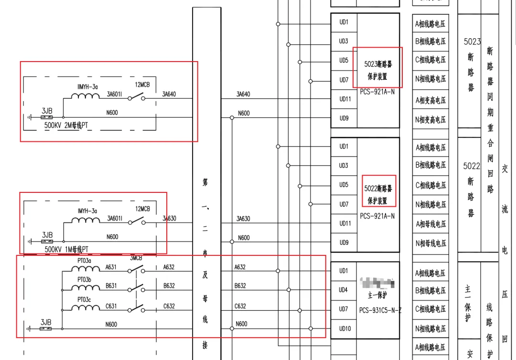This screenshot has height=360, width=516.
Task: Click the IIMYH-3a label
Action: (x=87, y=86)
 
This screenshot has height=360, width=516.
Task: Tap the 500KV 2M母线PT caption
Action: (x=66, y=125)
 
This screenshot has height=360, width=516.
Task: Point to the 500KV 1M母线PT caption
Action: (x=66, y=249)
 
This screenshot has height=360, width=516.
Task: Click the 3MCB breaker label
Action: (x=136, y=258)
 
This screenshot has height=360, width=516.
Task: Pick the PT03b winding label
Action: (x=85, y=279)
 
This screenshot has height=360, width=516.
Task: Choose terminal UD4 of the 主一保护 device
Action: (x=344, y=290)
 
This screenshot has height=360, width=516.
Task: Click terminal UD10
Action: (x=344, y=328)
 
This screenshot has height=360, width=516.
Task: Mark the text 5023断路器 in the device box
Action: (x=378, y=64)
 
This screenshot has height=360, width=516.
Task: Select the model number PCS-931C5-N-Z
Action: (x=380, y=310)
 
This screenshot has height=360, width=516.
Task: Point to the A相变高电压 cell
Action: (x=430, y=100)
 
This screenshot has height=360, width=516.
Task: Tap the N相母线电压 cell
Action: (x=430, y=243)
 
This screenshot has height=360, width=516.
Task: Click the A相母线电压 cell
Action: (x=430, y=224)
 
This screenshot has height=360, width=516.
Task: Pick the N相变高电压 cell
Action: (x=430, y=119)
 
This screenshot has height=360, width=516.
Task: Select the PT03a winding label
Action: (x=85, y=261)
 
